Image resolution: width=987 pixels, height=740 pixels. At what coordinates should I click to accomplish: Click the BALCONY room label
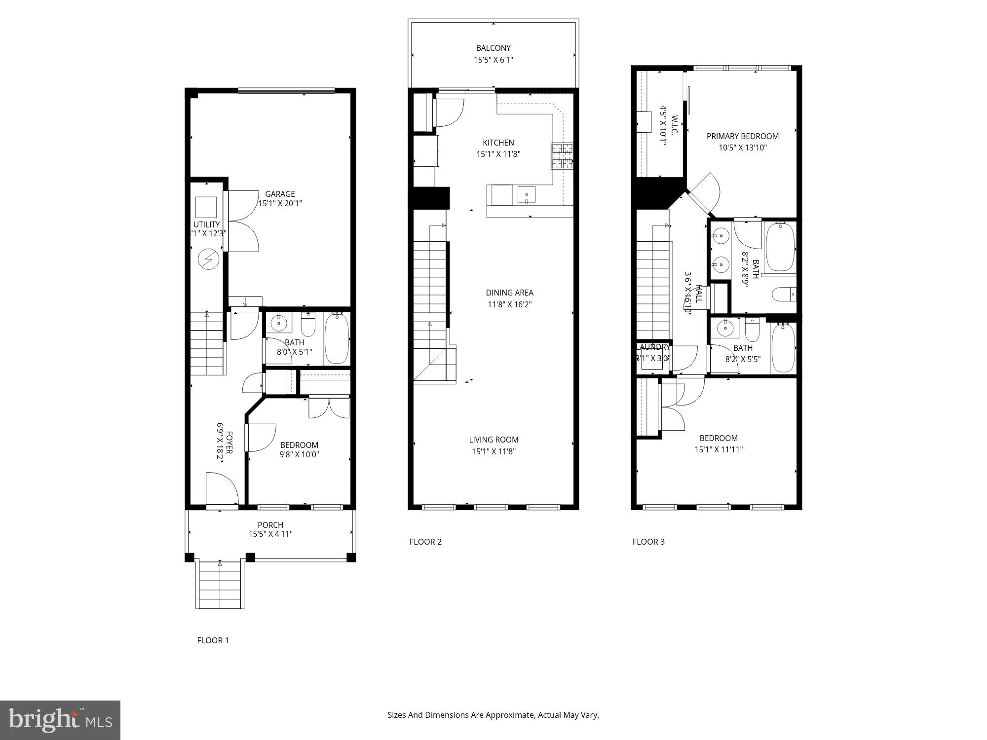pyautogui.click(x=493, y=48)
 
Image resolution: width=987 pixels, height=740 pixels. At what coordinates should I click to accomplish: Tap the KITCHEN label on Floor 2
pyautogui.click(x=498, y=143)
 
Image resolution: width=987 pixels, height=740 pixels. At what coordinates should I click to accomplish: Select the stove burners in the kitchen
pyautogui.click(x=562, y=156)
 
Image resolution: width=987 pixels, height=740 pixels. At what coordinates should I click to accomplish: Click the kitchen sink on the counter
pyautogui.click(x=527, y=195)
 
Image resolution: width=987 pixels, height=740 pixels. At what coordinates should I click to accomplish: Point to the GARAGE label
pyautogui.click(x=280, y=194)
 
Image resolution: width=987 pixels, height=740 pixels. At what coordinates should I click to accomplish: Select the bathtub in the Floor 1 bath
pyautogui.click(x=337, y=338)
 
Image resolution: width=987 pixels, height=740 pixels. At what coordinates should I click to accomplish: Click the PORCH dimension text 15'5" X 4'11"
pyautogui.click(x=270, y=534)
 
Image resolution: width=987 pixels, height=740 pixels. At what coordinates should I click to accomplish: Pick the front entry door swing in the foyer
pyautogui.click(x=222, y=488)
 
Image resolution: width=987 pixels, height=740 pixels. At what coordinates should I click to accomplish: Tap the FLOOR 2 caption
pyautogui.click(x=425, y=542)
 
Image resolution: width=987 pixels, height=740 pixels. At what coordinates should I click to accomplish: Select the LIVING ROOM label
pyautogui.click(x=493, y=440)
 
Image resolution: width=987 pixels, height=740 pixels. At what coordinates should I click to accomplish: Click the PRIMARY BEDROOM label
pyautogui.click(x=743, y=136)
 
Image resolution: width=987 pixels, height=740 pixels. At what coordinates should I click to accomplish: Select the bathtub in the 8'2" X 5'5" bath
pyautogui.click(x=783, y=348)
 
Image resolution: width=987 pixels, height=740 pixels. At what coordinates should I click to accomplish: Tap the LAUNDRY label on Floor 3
pyautogui.click(x=653, y=347)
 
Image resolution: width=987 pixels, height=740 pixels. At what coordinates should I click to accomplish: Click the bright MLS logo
pyautogui.click(x=60, y=720)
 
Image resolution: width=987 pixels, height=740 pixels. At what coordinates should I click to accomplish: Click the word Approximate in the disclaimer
pyautogui.click(x=511, y=715)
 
